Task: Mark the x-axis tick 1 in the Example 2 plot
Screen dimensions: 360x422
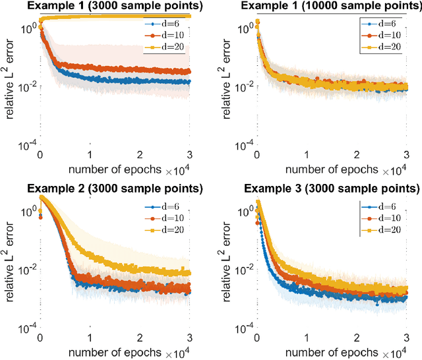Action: [x=90, y=336]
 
